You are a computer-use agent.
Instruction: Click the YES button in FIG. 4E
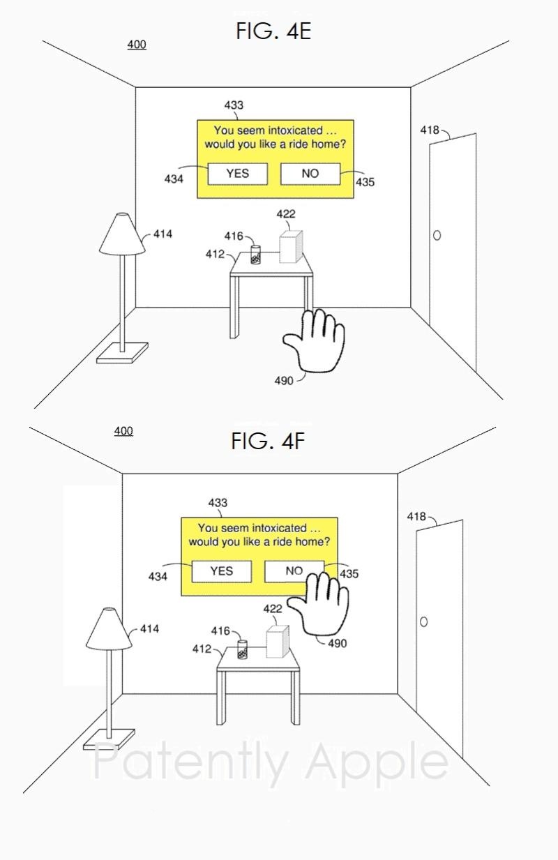[237, 174]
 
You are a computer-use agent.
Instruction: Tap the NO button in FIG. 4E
[310, 174]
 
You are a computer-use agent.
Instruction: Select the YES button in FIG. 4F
[221, 571]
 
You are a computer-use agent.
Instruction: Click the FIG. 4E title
[273, 31]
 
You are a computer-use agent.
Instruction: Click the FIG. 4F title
[268, 441]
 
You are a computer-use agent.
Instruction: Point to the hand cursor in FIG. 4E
[315, 342]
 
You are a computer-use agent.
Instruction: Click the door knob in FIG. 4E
[437, 236]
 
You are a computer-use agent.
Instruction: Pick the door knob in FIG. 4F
[423, 621]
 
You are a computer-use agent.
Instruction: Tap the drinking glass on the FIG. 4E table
[255, 255]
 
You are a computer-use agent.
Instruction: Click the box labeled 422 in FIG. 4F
[278, 642]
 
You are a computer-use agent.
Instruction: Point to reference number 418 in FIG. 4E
[430, 130]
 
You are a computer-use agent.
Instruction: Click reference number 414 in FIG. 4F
[149, 628]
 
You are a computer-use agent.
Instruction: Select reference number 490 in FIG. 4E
[284, 382]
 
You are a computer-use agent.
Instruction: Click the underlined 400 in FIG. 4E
[137, 45]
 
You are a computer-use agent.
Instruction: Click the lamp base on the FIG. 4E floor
[123, 352]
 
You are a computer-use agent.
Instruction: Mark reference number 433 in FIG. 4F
[218, 502]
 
